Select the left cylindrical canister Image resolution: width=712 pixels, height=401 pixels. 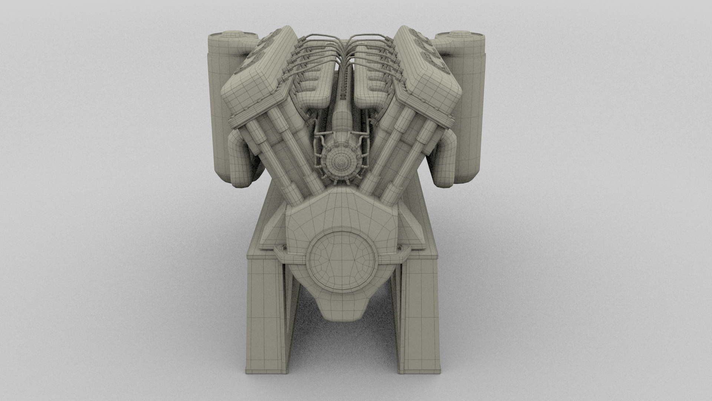(x=219, y=111)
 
